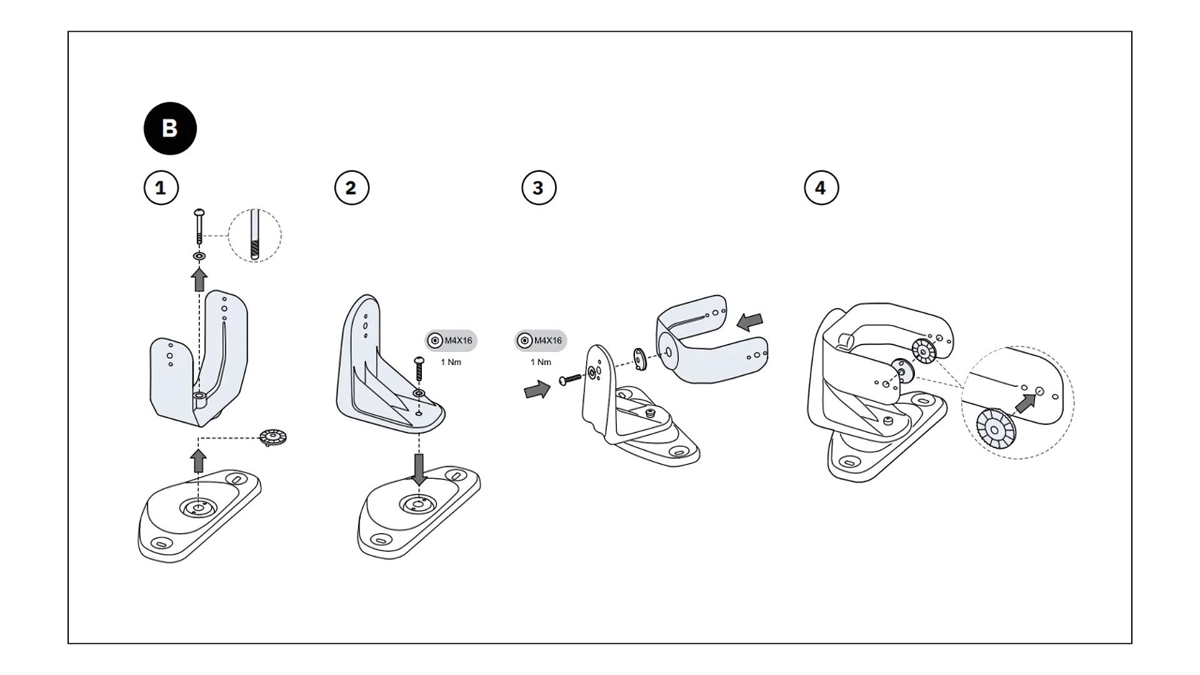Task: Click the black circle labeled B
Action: click(170, 128)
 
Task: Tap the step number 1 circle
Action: click(161, 187)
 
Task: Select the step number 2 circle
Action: click(352, 187)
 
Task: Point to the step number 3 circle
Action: click(539, 187)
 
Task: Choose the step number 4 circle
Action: click(821, 187)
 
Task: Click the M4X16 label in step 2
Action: click(458, 341)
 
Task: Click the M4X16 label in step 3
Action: click(547, 341)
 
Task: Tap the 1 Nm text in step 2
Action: click(451, 362)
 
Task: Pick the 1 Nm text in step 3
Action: click(541, 362)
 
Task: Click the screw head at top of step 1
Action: click(199, 212)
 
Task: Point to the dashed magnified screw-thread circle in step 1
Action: click(255, 236)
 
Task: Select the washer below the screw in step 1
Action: click(199, 256)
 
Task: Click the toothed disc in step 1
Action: click(273, 437)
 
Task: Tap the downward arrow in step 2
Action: click(419, 468)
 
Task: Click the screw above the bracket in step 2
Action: click(419, 369)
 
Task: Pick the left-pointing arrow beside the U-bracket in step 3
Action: click(750, 322)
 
